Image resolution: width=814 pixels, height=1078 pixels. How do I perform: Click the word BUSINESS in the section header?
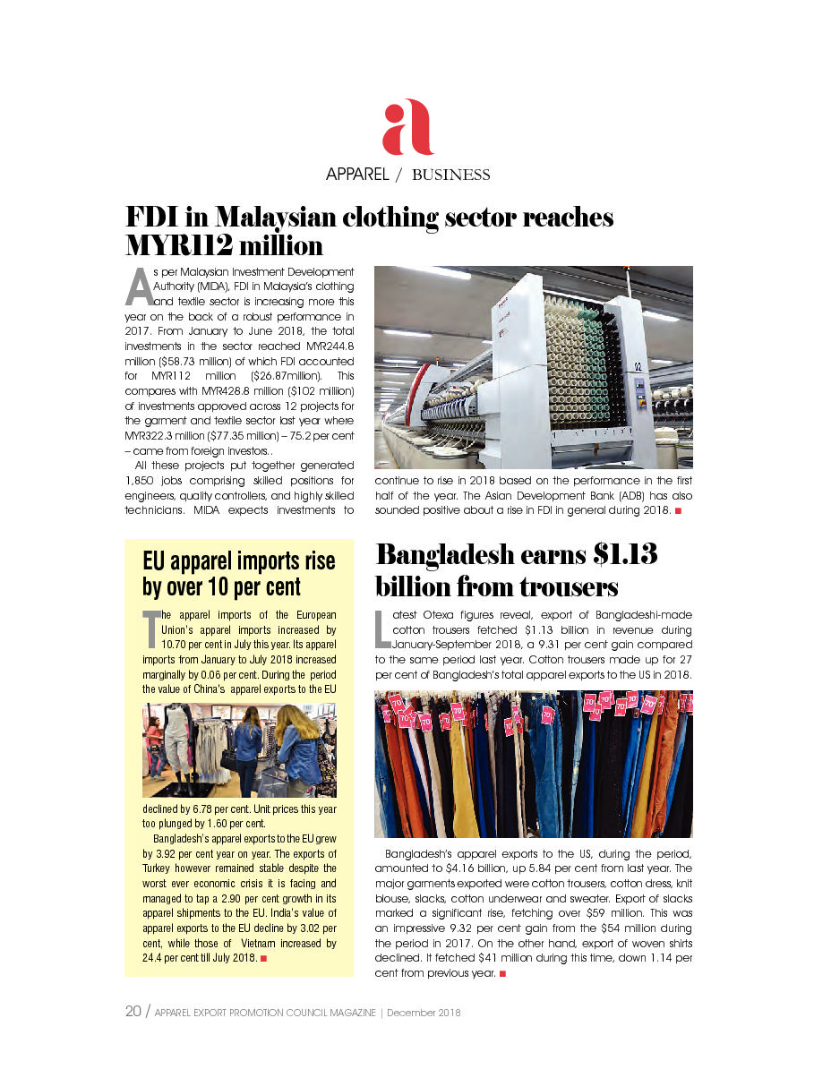[450, 175]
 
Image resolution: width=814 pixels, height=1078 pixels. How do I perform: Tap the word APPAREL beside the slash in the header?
[356, 175]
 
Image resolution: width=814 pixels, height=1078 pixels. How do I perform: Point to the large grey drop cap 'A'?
[139, 287]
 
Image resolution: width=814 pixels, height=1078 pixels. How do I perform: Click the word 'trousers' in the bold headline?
[564, 587]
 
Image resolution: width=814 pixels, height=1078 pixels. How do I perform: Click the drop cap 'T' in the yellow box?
[150, 629]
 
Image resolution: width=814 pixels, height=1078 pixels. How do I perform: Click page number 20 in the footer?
[133, 1013]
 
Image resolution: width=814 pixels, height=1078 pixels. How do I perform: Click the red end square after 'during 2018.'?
[679, 511]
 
